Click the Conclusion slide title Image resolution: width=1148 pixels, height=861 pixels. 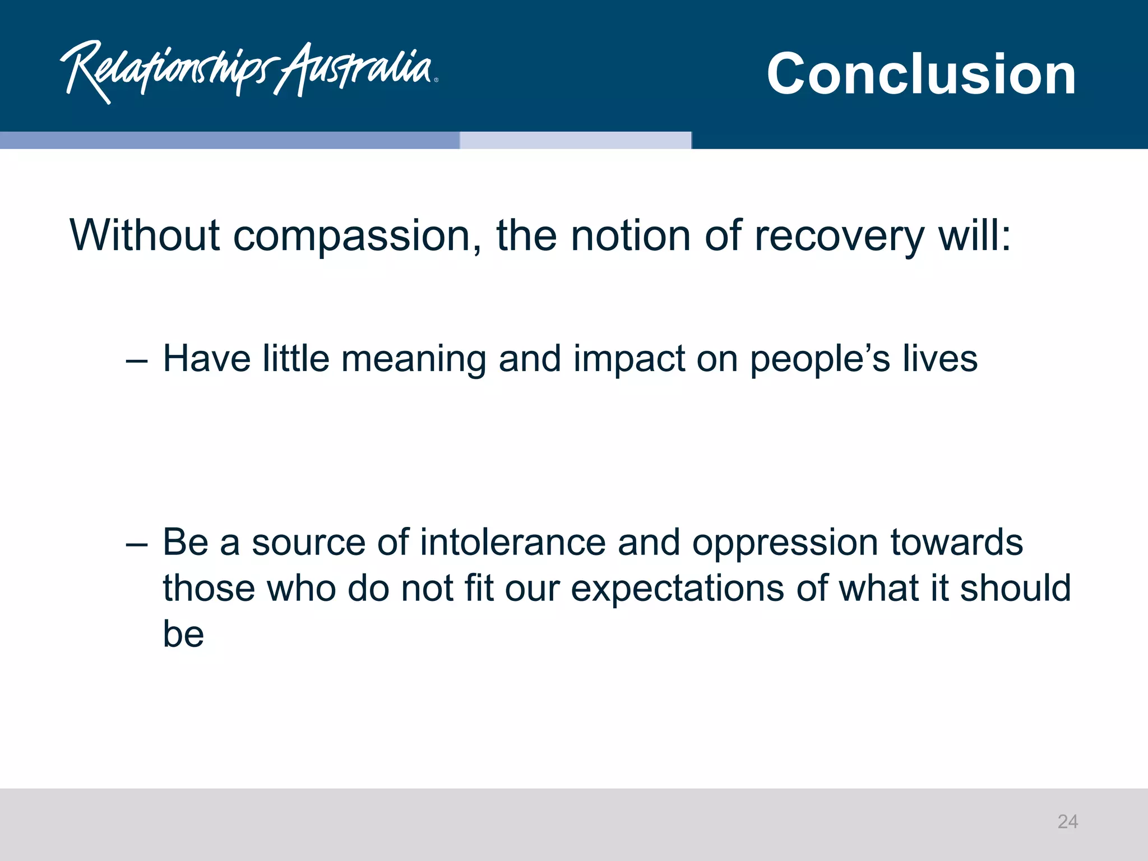click(x=921, y=73)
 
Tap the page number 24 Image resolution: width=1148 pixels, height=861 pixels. click(x=1067, y=822)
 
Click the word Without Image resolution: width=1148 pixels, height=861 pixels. click(x=145, y=235)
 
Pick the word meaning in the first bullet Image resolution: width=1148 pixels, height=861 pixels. click(x=414, y=359)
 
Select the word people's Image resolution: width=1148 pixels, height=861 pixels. click(x=820, y=359)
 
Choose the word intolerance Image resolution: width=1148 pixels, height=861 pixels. click(x=513, y=543)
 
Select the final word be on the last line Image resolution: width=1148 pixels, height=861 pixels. click(x=183, y=634)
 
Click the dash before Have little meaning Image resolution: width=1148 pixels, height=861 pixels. click(x=137, y=361)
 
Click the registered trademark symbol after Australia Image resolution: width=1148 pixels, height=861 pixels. click(x=436, y=80)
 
